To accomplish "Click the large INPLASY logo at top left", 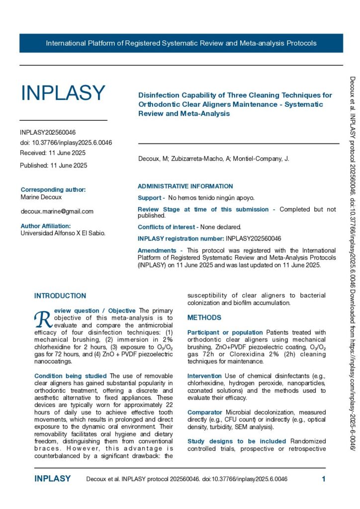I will coord(63,93).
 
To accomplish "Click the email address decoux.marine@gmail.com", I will coord(57,211).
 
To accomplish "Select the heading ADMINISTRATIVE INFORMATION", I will coord(185,186).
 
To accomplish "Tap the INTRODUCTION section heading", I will coord(60,296).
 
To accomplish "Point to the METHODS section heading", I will coord(204,318).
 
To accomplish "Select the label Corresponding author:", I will coord(53,190).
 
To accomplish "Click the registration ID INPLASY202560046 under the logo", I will coord(48,133).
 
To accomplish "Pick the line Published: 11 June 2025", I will coord(53,166).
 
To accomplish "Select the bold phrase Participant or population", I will coord(225,332).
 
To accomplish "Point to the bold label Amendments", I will coord(157,251).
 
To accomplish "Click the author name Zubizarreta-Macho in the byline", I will coord(189,159).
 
